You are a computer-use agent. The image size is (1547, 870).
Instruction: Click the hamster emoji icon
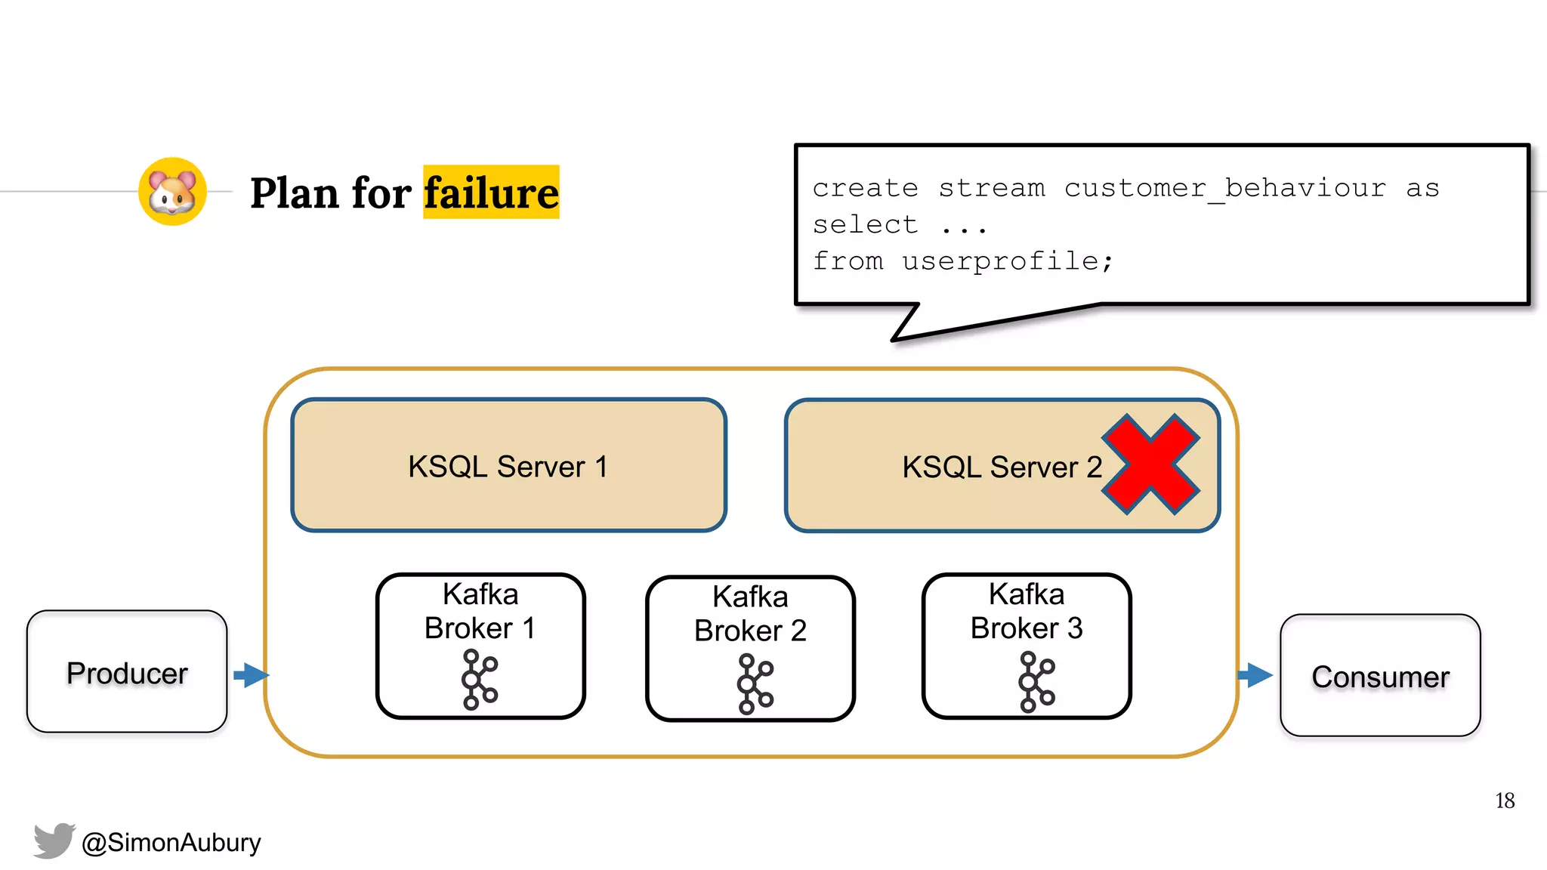click(172, 191)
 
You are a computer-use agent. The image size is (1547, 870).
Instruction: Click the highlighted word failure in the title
click(491, 193)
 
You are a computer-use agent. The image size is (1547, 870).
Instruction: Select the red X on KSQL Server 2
click(1150, 464)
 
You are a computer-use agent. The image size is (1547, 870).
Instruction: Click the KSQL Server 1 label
click(508, 467)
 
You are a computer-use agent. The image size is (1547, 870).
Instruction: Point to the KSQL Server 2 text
click(1002, 467)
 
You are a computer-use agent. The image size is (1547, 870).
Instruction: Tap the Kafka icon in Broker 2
click(755, 683)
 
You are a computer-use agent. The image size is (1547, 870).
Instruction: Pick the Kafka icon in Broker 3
click(1036, 682)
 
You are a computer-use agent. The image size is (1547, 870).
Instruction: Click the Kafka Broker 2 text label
click(750, 613)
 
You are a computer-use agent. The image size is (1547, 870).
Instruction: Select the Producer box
click(127, 672)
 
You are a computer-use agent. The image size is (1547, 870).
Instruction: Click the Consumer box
click(1380, 676)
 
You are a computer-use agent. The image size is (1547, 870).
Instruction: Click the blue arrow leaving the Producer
click(251, 674)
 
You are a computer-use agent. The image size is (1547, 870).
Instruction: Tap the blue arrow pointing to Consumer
click(1255, 674)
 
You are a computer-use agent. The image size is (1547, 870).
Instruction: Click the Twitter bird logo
click(54, 840)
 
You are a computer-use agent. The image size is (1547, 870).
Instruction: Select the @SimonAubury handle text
click(171, 842)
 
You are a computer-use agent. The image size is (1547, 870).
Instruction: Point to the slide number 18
click(1504, 801)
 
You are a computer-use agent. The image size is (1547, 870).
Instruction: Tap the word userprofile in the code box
click(1001, 261)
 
